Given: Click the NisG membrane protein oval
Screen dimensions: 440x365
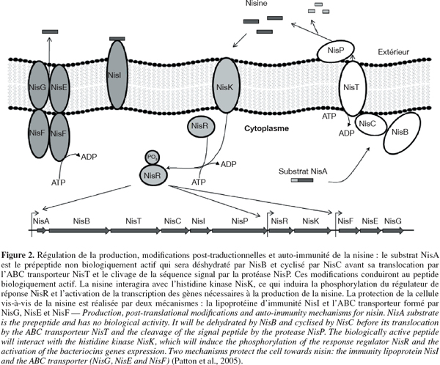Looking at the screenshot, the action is click(x=39, y=85).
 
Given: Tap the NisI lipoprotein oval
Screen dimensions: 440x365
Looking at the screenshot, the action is click(x=118, y=75).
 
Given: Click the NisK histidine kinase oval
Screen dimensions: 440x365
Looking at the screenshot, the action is click(x=226, y=85).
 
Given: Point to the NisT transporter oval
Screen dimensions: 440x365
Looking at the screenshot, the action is click(x=353, y=88).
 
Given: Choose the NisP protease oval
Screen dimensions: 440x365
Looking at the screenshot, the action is click(x=336, y=51).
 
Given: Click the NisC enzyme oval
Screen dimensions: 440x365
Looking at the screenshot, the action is click(x=370, y=124).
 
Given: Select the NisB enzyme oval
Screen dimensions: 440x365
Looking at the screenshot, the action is click(x=402, y=133).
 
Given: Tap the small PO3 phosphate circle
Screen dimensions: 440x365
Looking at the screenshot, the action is click(x=153, y=158).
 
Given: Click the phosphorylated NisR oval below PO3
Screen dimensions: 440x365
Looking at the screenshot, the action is click(x=153, y=175).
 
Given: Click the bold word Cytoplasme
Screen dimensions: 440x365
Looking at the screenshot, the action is click(x=266, y=128).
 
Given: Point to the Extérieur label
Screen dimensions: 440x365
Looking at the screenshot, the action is click(x=393, y=52).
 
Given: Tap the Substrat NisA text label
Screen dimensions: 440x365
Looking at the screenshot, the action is click(x=303, y=171).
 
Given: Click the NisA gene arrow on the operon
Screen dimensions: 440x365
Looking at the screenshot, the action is click(x=42, y=231).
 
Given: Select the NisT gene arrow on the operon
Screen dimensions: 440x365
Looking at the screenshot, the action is click(x=136, y=231).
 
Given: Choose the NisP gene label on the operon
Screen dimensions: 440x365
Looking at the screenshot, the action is click(x=240, y=221).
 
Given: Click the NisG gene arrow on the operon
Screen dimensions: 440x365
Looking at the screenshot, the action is click(x=392, y=231).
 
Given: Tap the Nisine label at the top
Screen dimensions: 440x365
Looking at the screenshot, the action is click(x=257, y=4).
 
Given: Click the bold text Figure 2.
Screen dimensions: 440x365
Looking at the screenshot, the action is click(x=18, y=255).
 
